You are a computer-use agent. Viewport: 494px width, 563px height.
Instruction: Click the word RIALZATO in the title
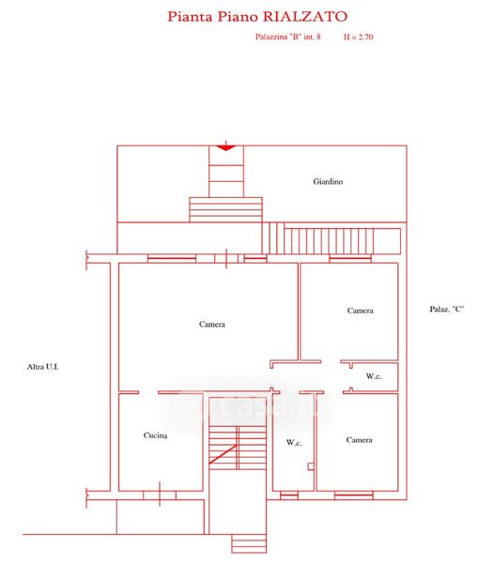pyautogui.click(x=305, y=17)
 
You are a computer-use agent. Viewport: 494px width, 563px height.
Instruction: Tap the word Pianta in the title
pyautogui.click(x=190, y=17)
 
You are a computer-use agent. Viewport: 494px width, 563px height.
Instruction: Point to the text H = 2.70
pyautogui.click(x=358, y=37)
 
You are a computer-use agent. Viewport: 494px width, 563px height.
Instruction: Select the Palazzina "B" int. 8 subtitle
pyautogui.click(x=287, y=37)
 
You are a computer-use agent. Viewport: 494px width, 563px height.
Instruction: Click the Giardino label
pyautogui.click(x=328, y=181)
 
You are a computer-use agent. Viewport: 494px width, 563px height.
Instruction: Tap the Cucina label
pyautogui.click(x=155, y=435)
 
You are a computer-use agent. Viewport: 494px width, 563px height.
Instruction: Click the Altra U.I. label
pyautogui.click(x=43, y=367)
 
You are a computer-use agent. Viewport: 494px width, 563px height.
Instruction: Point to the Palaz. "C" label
pyautogui.click(x=447, y=309)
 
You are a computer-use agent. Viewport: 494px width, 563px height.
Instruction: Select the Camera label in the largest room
pyautogui.click(x=212, y=324)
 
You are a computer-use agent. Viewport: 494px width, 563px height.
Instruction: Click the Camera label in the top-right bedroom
pyautogui.click(x=360, y=311)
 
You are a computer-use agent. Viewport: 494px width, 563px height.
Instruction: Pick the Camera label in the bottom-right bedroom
pyautogui.click(x=359, y=439)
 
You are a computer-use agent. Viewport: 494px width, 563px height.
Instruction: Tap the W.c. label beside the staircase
pyautogui.click(x=294, y=442)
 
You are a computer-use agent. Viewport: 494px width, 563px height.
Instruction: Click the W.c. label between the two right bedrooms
pyautogui.click(x=374, y=376)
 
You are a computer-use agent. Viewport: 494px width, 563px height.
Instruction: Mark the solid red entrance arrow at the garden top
pyautogui.click(x=226, y=147)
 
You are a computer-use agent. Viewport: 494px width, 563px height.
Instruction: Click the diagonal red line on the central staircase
pyautogui.click(x=223, y=454)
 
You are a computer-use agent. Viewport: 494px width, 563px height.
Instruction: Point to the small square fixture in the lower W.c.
pyautogui.click(x=311, y=466)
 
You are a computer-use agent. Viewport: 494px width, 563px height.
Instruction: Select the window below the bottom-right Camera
pyautogui.click(x=353, y=495)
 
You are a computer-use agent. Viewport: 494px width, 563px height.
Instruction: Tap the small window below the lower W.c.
pyautogui.click(x=289, y=495)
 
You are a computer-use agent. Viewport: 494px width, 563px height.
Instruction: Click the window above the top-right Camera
pyautogui.click(x=350, y=258)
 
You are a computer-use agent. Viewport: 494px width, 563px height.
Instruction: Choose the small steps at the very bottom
pyautogui.click(x=249, y=543)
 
